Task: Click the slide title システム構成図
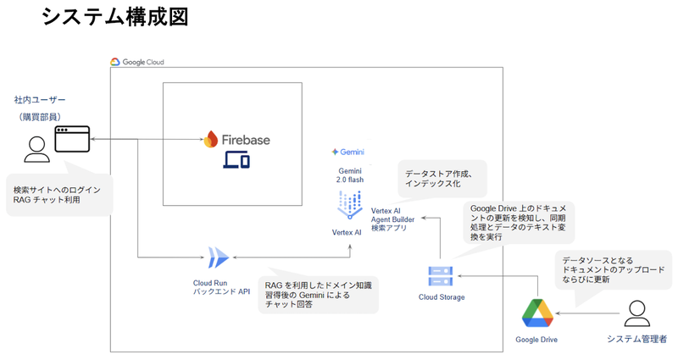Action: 114,17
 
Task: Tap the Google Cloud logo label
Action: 137,62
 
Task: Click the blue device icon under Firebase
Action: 236,161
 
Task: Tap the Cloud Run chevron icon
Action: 219,256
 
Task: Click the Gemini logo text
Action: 349,152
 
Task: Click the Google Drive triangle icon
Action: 536,313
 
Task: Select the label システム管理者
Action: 636,339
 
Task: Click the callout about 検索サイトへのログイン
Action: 57,193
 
